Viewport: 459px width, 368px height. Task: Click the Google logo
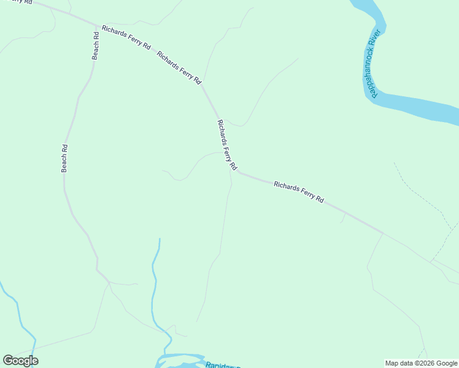point(20,360)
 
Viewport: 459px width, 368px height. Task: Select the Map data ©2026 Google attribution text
point(421,363)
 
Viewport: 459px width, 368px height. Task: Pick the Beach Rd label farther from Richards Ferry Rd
point(64,158)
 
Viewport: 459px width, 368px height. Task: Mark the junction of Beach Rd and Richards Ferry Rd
point(96,26)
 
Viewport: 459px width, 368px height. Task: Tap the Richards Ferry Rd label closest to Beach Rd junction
point(126,37)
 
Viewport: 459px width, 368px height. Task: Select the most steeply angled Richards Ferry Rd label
point(226,145)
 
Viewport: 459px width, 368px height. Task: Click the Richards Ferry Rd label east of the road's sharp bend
point(298,192)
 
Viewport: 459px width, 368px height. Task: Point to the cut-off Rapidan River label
point(221,365)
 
